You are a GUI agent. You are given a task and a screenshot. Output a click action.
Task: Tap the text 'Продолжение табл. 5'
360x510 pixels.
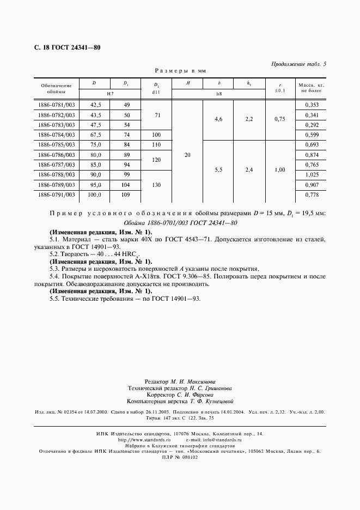[x=298, y=64]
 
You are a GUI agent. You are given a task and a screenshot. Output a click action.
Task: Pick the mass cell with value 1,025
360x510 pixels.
[x=312, y=175]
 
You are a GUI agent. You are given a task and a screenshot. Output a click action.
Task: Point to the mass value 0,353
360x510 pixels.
[x=312, y=104]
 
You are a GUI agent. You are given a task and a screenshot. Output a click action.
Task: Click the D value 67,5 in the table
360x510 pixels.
[x=95, y=135]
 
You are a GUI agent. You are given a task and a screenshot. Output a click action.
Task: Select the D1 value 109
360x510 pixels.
[x=126, y=195]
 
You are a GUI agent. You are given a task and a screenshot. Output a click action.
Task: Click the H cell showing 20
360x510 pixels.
[x=187, y=155]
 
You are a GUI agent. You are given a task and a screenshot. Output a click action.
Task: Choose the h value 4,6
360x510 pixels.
[x=218, y=119]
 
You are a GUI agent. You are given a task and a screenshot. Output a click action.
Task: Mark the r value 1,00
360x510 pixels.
[x=280, y=170]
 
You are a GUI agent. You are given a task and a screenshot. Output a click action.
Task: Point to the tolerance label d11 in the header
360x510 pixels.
[x=156, y=94]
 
